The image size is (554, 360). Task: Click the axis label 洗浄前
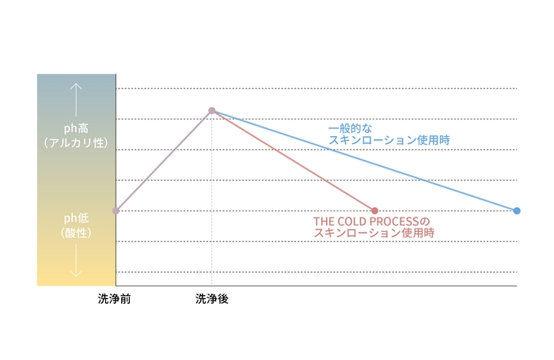tap(116, 300)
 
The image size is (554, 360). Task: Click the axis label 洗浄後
tap(211, 300)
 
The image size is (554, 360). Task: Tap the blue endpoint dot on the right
tap(517, 210)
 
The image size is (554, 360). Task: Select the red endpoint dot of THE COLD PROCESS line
tap(374, 210)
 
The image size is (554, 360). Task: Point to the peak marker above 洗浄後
tap(212, 111)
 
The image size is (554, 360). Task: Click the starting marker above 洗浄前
tap(116, 210)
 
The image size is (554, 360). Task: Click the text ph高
tap(76, 127)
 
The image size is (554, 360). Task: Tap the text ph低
tap(76, 219)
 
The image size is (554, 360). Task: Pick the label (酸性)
tap(76, 233)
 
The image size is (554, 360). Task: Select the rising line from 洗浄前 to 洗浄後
tap(164, 161)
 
